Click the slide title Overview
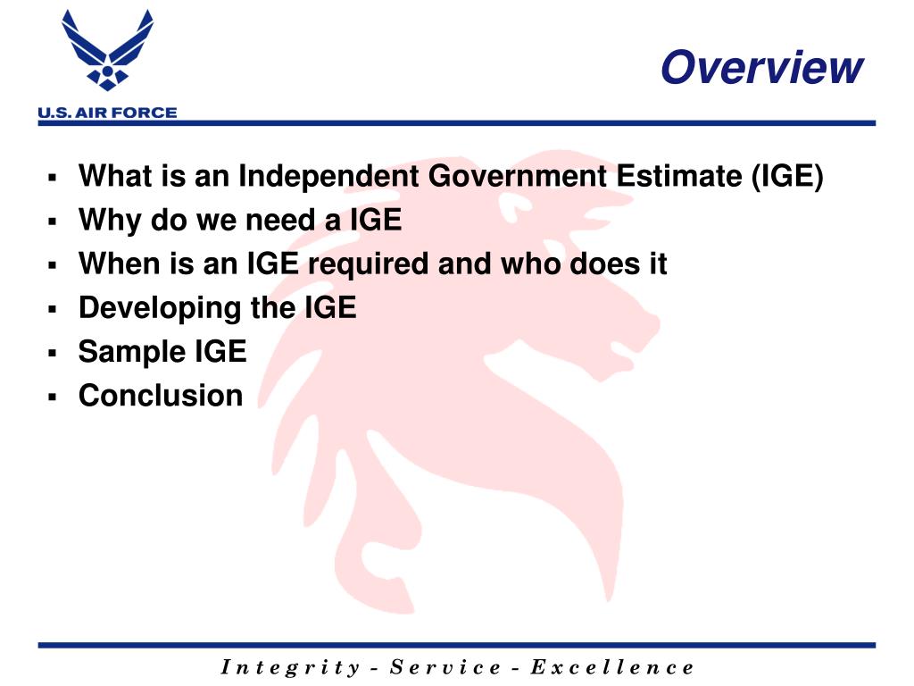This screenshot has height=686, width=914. point(761,68)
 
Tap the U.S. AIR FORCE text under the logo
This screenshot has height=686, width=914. point(107,113)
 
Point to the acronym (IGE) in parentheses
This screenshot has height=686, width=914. point(786,177)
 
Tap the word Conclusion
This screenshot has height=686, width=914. point(161,395)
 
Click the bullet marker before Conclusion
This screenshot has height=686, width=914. point(53,397)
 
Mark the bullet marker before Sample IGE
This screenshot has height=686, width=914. point(53,353)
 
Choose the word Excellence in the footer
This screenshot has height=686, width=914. point(611,667)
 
